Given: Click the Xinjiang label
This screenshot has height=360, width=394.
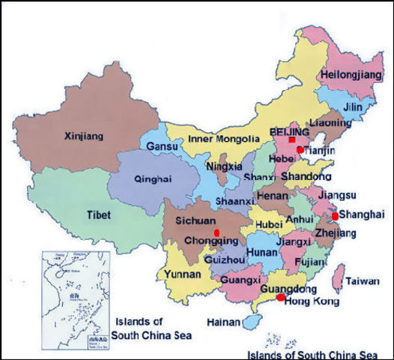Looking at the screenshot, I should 84,136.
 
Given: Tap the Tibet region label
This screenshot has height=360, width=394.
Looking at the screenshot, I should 98,214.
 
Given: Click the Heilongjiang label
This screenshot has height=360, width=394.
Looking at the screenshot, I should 350,75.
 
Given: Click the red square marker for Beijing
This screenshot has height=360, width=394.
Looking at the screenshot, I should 291,140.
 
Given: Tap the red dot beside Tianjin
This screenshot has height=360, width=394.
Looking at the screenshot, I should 300,150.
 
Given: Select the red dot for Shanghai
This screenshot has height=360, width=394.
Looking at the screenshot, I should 335,216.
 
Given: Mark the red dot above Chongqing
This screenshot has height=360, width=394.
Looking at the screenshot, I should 216,233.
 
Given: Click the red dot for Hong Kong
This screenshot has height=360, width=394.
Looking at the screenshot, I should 280,298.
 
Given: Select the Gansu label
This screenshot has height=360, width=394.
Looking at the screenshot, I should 163,146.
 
